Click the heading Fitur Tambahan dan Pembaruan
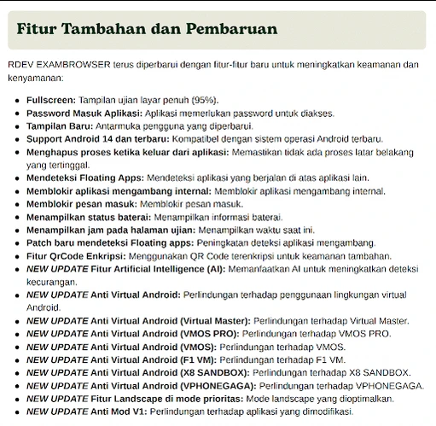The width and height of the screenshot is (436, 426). [x=147, y=28]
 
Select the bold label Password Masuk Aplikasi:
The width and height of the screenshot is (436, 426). [x=84, y=113]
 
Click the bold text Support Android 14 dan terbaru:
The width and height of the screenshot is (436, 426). [x=98, y=138]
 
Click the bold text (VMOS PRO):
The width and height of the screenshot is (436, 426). [x=210, y=333]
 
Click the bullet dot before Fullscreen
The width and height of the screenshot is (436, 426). [x=18, y=101]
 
